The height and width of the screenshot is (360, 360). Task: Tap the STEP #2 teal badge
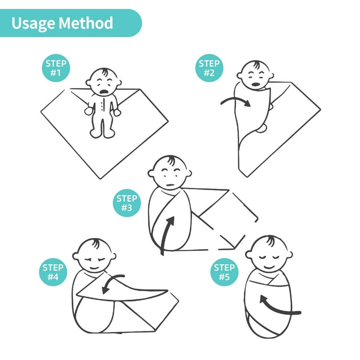[x=209, y=68]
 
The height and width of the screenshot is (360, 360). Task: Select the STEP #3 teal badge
[x=127, y=203]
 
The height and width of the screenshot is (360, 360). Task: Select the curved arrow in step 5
[x=279, y=307]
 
